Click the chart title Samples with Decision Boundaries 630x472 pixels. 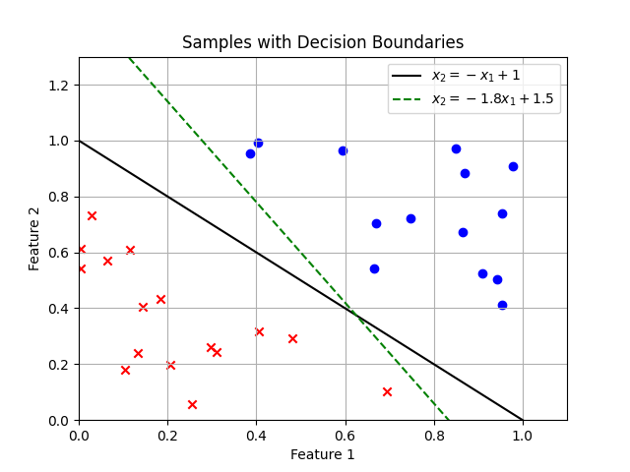click(323, 42)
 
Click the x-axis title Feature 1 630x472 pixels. click(323, 454)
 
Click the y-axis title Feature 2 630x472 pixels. click(34, 239)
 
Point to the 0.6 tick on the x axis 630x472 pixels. click(346, 420)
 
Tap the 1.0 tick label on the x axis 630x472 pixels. click(523, 436)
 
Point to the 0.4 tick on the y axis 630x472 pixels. click(79, 309)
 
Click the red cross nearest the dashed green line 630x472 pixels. click(387, 391)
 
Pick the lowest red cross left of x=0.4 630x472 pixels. click(192, 404)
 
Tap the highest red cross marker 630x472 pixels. click(92, 215)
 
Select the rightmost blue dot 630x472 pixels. click(513, 166)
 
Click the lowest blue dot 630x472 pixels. click(502, 305)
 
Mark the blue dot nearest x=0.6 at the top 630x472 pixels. click(343, 150)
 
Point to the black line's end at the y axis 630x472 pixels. click(79, 141)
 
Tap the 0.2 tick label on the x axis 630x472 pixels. click(167, 436)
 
